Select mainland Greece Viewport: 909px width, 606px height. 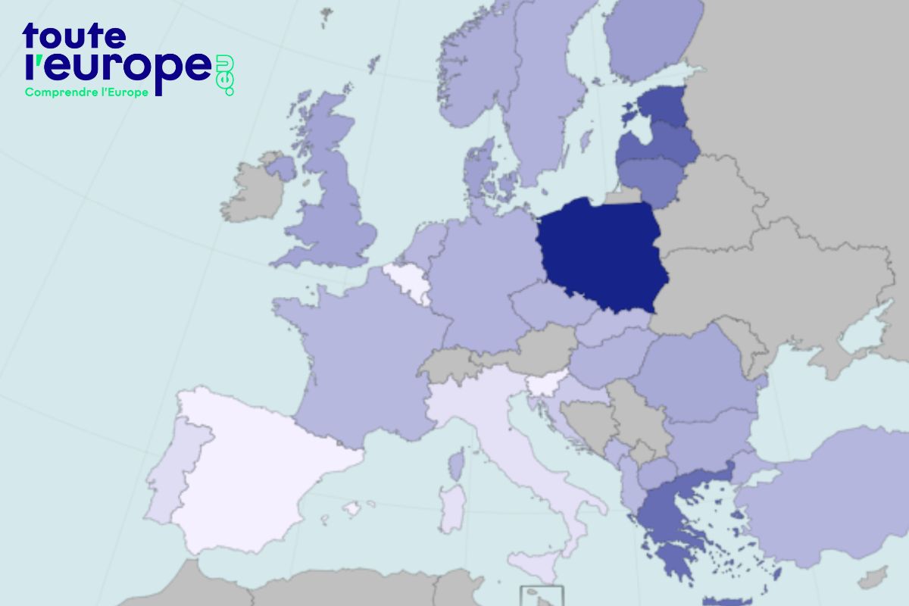(667, 515)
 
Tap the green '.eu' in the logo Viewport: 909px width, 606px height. (226, 76)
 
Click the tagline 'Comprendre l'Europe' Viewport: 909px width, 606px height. (86, 92)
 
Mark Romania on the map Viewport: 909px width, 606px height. (697, 371)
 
